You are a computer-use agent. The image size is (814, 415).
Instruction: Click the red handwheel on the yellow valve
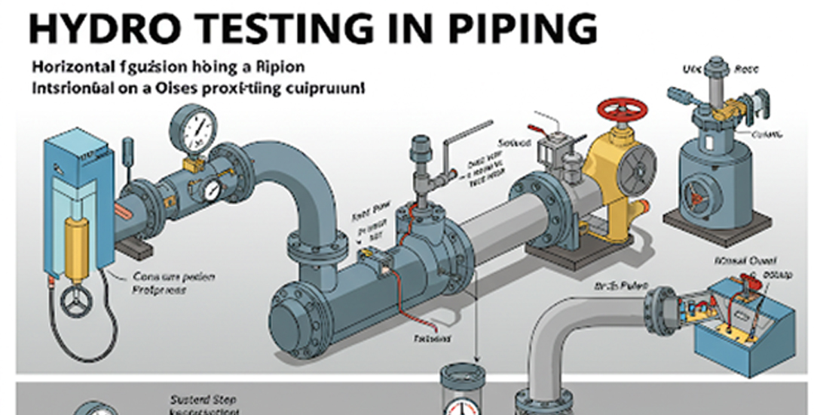(x=622, y=110)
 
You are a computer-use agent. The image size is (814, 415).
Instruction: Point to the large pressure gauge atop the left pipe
(x=193, y=129)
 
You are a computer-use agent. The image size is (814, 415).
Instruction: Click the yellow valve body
(x=603, y=174)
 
